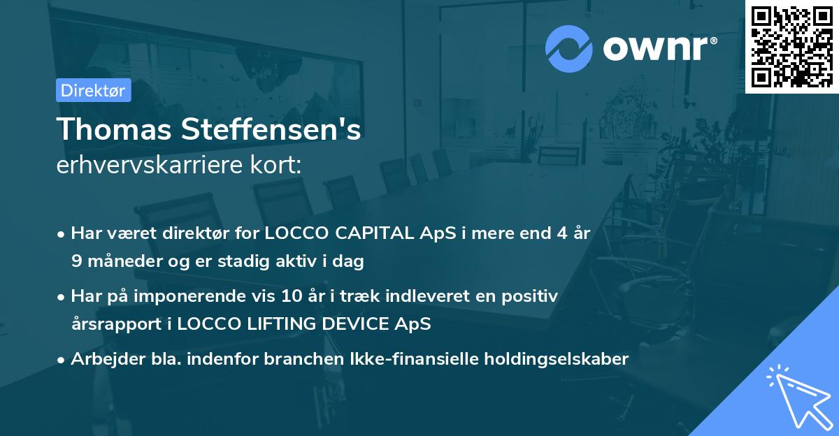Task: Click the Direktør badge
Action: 94,90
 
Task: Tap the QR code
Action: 791,47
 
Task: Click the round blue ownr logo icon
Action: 568,49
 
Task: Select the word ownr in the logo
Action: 655,48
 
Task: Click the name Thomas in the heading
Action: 114,129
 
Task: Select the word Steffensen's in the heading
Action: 271,129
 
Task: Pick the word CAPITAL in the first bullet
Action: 374,233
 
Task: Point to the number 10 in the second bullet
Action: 292,296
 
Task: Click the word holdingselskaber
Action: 557,358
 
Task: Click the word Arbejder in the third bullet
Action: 108,359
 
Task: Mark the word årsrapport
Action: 117,324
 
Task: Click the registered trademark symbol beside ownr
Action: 713,41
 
